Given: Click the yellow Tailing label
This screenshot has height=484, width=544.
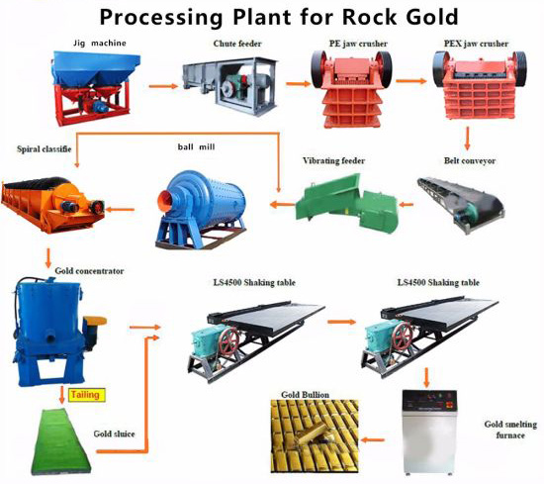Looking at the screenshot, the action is click(x=86, y=395).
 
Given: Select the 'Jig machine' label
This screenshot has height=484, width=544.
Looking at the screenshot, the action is click(x=100, y=44).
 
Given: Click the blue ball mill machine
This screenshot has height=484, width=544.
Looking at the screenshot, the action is click(x=201, y=209).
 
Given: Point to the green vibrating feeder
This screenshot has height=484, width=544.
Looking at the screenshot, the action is click(x=346, y=203).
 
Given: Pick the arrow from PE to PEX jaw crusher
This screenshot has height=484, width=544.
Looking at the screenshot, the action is click(x=410, y=81).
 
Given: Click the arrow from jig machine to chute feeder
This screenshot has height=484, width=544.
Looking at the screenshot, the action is click(x=163, y=86).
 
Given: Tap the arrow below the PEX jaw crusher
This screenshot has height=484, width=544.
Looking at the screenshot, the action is click(x=467, y=139).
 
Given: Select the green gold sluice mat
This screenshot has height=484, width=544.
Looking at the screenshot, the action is click(x=59, y=441).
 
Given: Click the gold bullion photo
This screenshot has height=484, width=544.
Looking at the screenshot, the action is click(x=315, y=436).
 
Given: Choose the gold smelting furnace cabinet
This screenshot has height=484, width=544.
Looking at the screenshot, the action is click(x=429, y=432).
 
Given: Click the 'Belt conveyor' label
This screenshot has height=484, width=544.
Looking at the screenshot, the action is click(x=470, y=161).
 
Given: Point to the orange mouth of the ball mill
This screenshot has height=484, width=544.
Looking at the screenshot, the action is click(x=165, y=201).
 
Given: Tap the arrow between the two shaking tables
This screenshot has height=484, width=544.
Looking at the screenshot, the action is click(x=342, y=322).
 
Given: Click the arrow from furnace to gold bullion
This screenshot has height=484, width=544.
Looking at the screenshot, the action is click(x=373, y=439).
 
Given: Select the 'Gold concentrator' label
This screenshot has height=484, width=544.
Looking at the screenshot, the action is click(x=89, y=271).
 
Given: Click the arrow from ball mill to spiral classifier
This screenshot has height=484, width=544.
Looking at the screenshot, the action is click(x=120, y=210).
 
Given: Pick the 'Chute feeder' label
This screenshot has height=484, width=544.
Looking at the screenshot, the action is click(x=237, y=44).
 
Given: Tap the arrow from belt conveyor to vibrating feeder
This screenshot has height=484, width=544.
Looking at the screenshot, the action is click(x=406, y=205).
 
